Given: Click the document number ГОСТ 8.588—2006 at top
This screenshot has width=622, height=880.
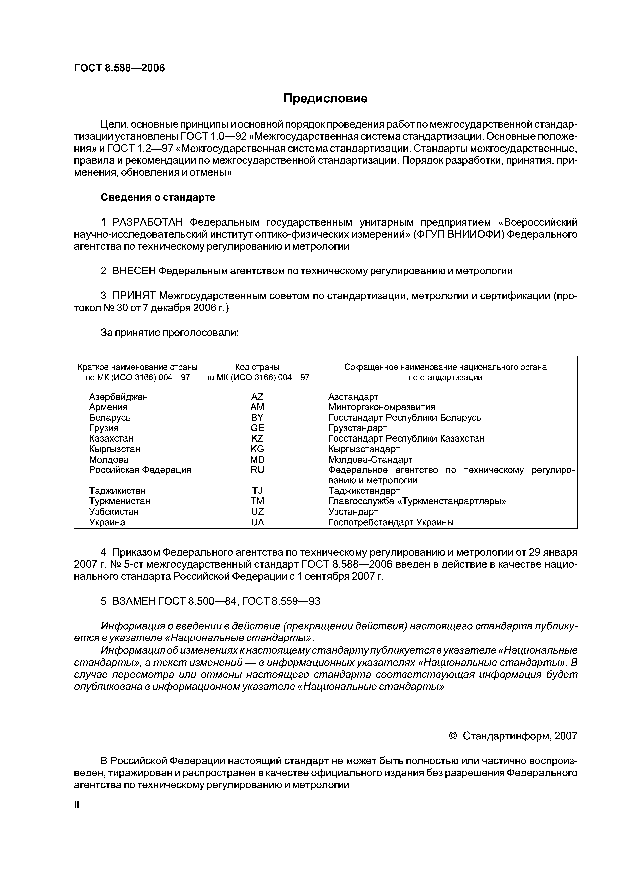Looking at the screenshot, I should point(119,68).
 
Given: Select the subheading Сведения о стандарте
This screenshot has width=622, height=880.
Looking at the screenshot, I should point(158,197).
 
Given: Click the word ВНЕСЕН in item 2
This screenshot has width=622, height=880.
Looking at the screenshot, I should point(134,271).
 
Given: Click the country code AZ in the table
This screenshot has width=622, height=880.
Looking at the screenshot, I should point(257,397).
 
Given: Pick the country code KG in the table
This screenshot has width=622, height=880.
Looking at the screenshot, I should point(257,449).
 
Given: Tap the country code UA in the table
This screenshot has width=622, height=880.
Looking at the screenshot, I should point(257,522).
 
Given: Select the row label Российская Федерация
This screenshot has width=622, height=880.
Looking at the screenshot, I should point(140,470).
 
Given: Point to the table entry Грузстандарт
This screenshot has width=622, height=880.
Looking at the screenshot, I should point(358,428).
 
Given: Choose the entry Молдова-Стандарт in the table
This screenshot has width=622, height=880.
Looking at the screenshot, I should point(370,460).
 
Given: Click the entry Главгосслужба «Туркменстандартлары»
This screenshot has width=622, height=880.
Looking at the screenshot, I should point(417,501).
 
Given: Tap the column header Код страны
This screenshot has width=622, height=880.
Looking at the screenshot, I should point(257,367).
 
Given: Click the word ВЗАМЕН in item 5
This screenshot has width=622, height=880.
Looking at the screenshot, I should point(134,601).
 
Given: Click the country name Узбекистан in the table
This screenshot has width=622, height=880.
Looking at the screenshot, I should point(114,512).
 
